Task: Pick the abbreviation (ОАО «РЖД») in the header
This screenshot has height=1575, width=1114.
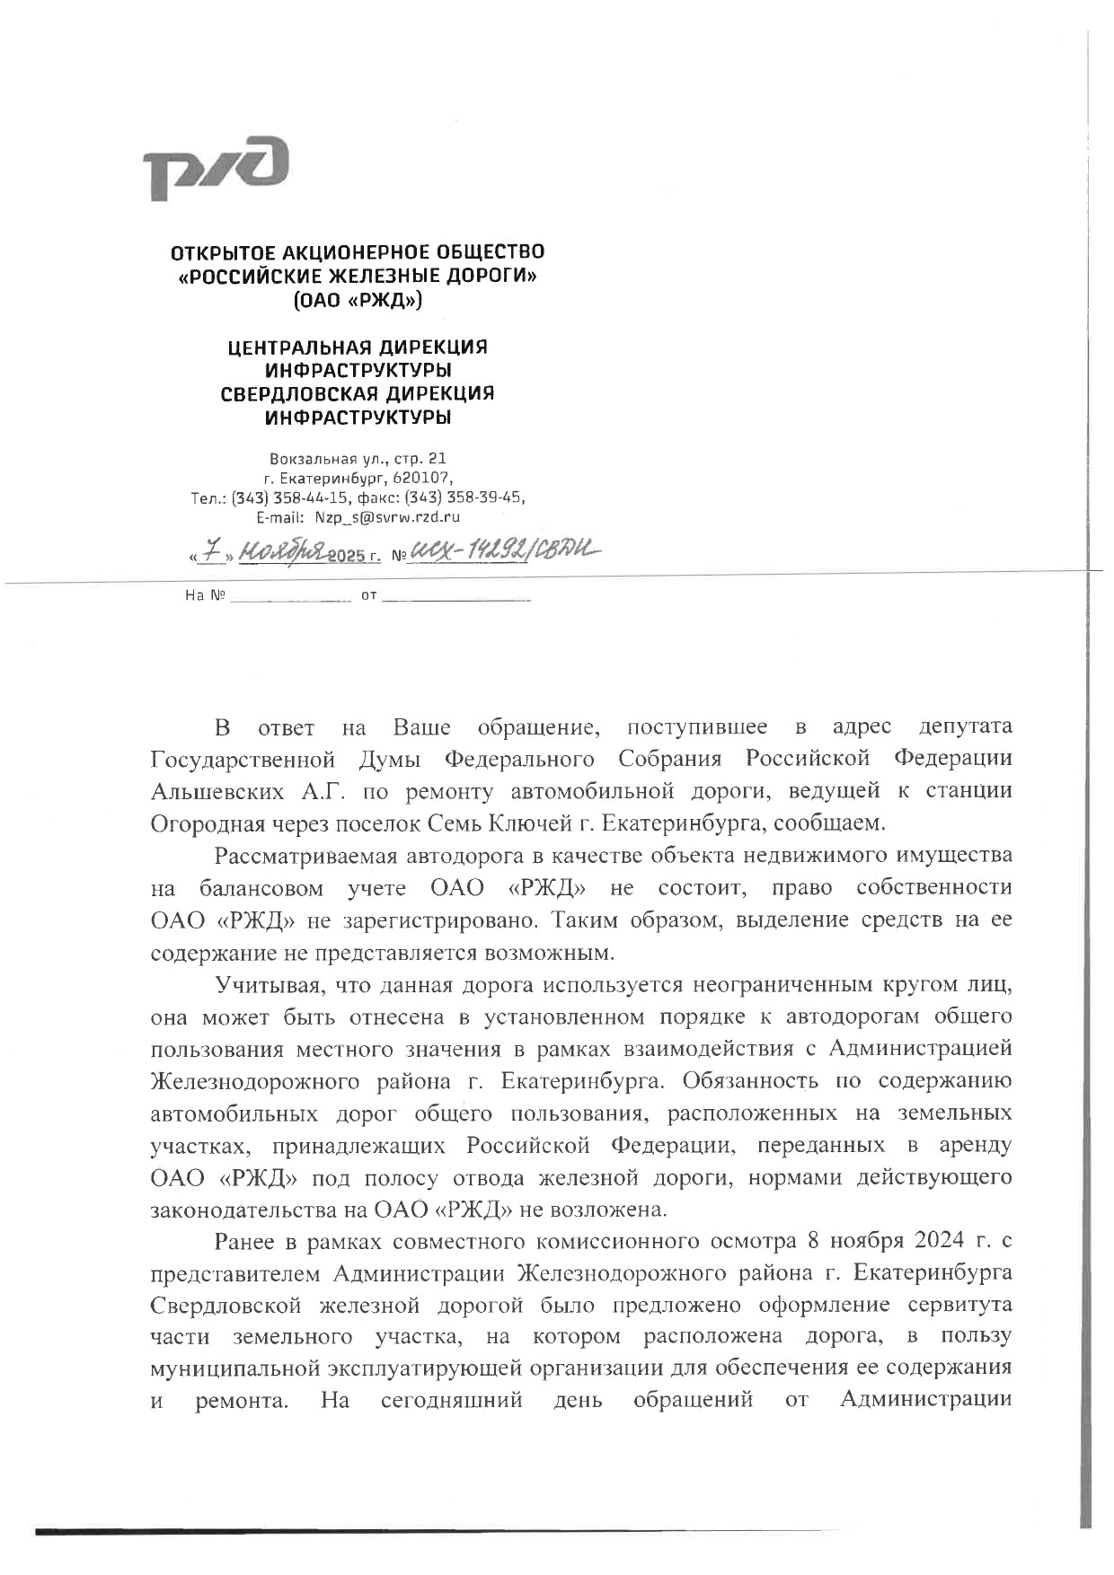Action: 358,300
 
